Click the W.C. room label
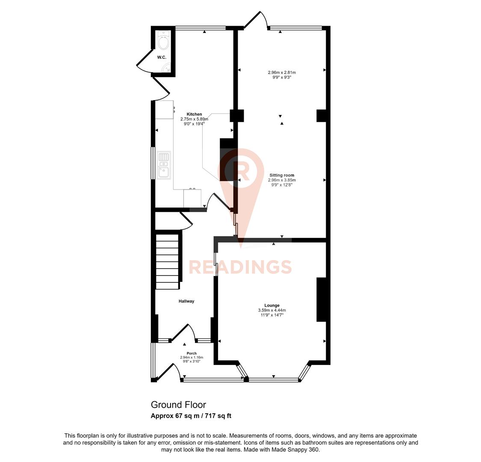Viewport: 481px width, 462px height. coord(161,57)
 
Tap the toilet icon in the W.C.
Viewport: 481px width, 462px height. coord(163,41)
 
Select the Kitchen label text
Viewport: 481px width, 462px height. coord(194,114)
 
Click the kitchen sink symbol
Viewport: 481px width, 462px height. coord(163,166)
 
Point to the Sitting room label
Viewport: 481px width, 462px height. coord(282,175)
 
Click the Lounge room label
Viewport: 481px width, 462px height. coord(272,305)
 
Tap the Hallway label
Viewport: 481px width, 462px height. coord(186,301)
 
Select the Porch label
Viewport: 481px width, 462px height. coord(192,353)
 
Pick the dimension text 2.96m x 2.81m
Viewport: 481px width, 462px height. coord(282,72)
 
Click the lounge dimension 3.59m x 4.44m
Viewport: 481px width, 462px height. coord(272,310)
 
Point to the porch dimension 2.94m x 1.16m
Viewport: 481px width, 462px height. coord(192,357)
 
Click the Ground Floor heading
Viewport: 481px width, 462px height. coord(178,405)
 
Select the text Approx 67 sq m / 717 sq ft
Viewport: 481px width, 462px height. coord(191,416)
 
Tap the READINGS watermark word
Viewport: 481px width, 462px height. coord(240,267)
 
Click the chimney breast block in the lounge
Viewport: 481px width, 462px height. coord(321,299)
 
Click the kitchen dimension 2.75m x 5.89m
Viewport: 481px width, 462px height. coord(194,119)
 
